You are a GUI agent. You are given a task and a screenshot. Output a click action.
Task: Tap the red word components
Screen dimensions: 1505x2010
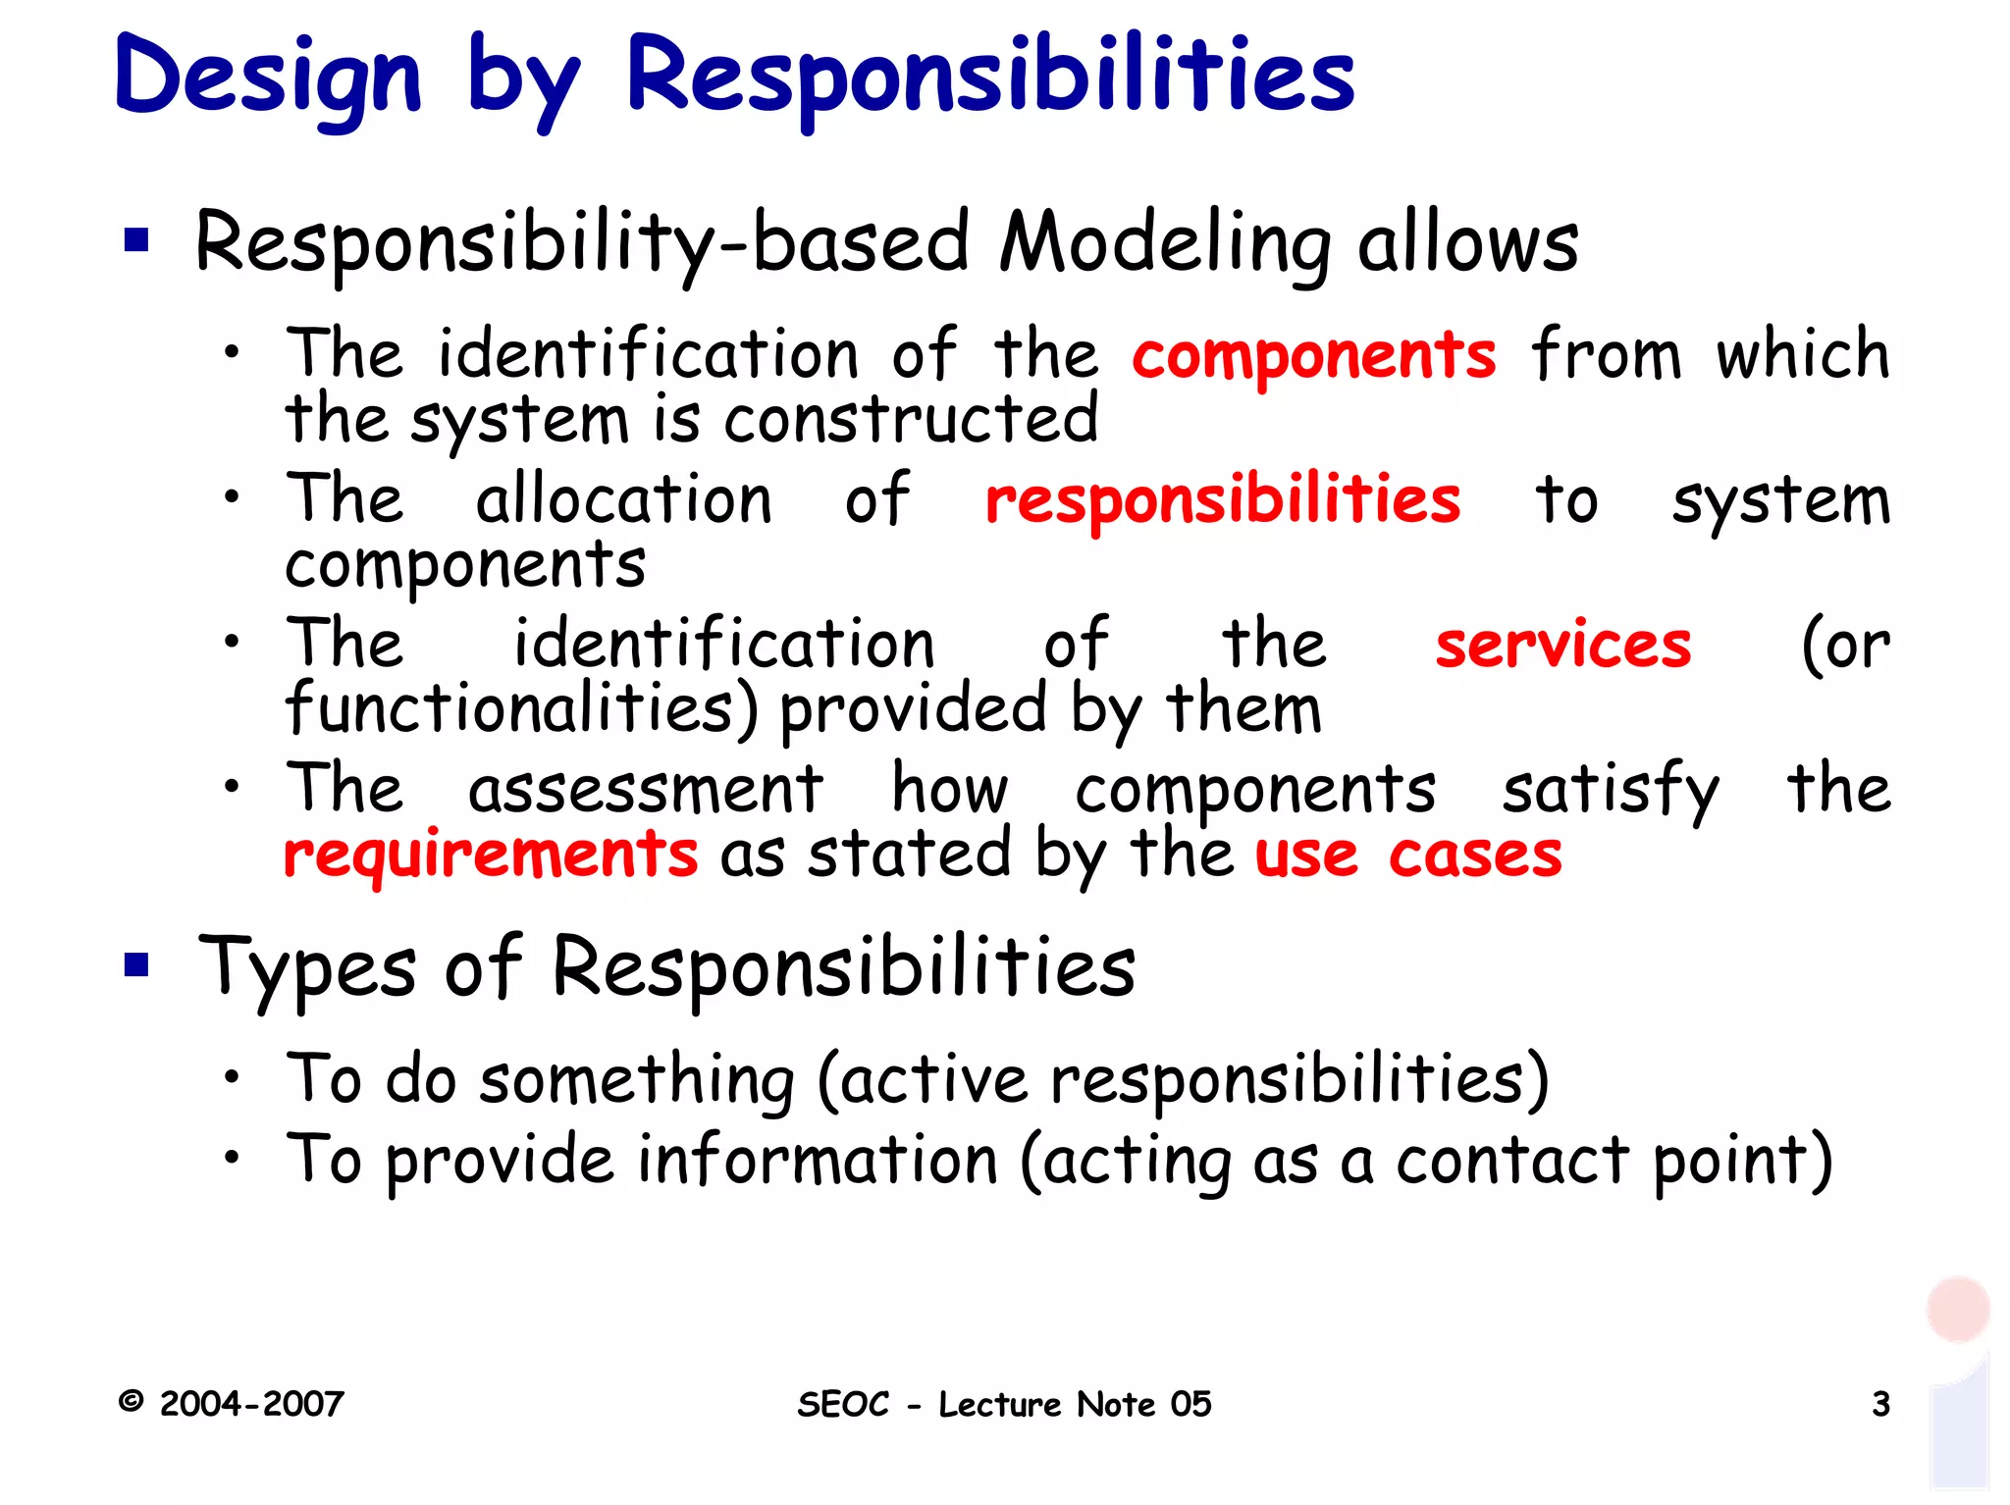[1313, 355]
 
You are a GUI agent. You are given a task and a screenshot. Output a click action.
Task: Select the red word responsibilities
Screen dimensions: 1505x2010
[1222, 500]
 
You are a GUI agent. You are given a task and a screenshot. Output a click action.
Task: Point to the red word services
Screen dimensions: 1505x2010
[1562, 646]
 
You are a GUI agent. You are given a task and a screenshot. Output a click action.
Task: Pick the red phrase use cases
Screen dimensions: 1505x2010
[1408, 856]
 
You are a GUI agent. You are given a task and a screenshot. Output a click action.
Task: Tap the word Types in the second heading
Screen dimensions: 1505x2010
[307, 967]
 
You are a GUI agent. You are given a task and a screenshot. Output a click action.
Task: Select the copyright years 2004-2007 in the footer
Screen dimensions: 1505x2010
[251, 1404]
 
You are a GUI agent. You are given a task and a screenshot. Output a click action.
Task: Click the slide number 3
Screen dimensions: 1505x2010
[1880, 1404]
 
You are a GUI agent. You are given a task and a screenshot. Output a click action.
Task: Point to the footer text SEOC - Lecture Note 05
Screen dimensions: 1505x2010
[1004, 1404]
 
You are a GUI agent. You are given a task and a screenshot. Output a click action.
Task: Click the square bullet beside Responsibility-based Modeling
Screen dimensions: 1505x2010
[136, 240]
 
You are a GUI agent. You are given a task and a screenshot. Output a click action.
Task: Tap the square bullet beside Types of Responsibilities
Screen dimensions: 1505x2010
[136, 965]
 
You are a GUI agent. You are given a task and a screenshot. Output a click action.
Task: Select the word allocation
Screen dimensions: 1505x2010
[624, 499]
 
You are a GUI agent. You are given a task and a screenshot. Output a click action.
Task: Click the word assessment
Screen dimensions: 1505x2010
[645, 789]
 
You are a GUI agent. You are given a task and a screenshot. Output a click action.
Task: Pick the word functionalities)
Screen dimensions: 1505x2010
[521, 708]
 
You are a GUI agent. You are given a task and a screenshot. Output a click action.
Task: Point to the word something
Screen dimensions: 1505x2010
[637, 1079]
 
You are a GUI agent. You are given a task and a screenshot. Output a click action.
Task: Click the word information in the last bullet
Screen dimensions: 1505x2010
[818, 1161]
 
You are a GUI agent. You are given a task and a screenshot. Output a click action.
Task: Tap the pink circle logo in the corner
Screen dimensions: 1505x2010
[1957, 1309]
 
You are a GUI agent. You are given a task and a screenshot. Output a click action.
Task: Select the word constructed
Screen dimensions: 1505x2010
[911, 420]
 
